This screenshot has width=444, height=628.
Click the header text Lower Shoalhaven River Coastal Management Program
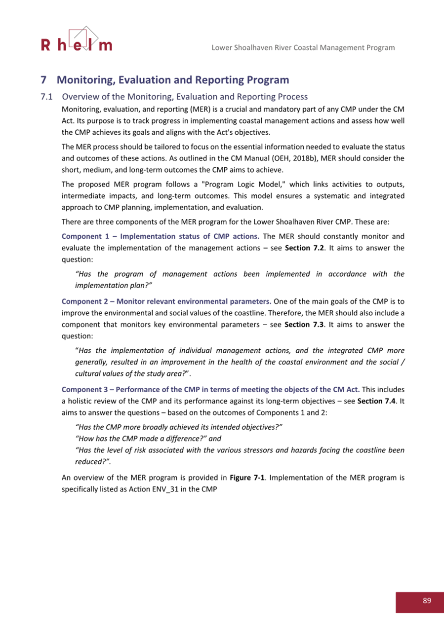tap(303, 48)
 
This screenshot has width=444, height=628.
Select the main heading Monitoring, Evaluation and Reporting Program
tap(172, 80)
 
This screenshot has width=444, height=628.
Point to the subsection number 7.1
tap(46, 97)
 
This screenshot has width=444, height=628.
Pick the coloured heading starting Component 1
tap(161, 236)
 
